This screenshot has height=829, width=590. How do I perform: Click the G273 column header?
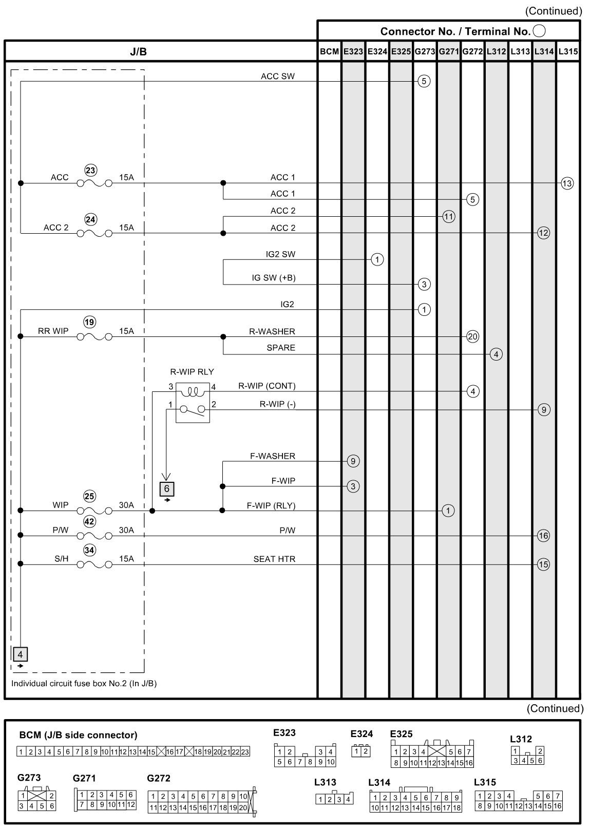(x=425, y=51)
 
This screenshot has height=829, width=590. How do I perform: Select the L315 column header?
(x=568, y=51)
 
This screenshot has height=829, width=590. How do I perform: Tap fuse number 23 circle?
(x=90, y=171)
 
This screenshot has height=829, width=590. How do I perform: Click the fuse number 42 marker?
(x=90, y=522)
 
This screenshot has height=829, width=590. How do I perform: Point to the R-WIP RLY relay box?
(x=193, y=403)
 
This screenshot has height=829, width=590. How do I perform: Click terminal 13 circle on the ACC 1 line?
(x=567, y=183)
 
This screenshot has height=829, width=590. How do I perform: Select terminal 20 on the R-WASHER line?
(x=472, y=337)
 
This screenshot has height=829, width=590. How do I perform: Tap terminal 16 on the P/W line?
(x=543, y=536)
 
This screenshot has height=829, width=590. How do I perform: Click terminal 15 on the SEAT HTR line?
(x=543, y=564)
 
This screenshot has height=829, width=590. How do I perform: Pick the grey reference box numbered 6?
(x=167, y=489)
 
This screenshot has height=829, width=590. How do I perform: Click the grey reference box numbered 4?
(x=20, y=654)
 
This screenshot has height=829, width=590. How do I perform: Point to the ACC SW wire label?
(x=278, y=77)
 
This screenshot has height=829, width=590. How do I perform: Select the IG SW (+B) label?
(x=273, y=278)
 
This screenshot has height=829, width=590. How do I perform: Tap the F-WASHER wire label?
(x=273, y=456)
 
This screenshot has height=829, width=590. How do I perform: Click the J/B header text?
(x=139, y=51)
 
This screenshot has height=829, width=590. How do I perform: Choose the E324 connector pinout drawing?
(x=362, y=751)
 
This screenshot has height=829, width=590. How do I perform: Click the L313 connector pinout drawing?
(x=334, y=799)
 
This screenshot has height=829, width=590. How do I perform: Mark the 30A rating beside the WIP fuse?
(x=126, y=505)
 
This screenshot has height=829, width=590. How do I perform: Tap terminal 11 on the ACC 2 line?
(x=448, y=217)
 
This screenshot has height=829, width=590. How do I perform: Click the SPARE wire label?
(x=281, y=348)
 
